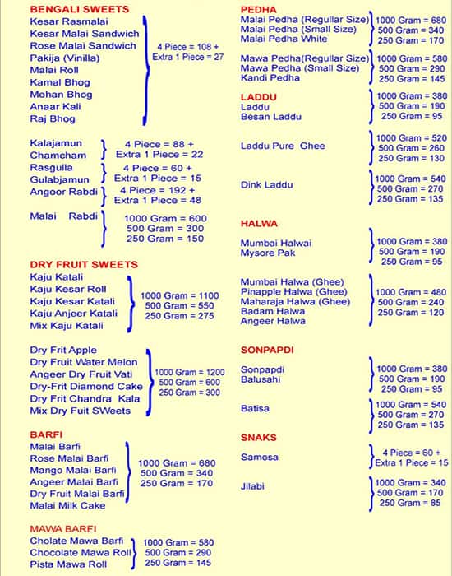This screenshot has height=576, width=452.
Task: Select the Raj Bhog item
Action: (53, 119)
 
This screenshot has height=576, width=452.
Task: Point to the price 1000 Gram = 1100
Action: (179, 295)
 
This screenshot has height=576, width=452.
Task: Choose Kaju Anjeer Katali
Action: (73, 314)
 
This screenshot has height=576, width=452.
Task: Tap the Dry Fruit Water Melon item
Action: (85, 362)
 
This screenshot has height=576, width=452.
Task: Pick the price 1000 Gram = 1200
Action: (189, 372)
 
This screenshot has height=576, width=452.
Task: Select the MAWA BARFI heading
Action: (63, 528)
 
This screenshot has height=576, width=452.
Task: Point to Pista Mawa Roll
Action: (68, 564)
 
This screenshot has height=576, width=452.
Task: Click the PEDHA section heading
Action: (258, 8)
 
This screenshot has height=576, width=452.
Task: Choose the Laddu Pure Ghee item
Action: (283, 146)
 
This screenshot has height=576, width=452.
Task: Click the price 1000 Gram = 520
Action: (411, 138)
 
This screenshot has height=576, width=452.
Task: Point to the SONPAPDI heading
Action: (267, 350)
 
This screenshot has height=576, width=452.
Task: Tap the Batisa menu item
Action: (255, 408)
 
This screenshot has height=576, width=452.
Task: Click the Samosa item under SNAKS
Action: (259, 457)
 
